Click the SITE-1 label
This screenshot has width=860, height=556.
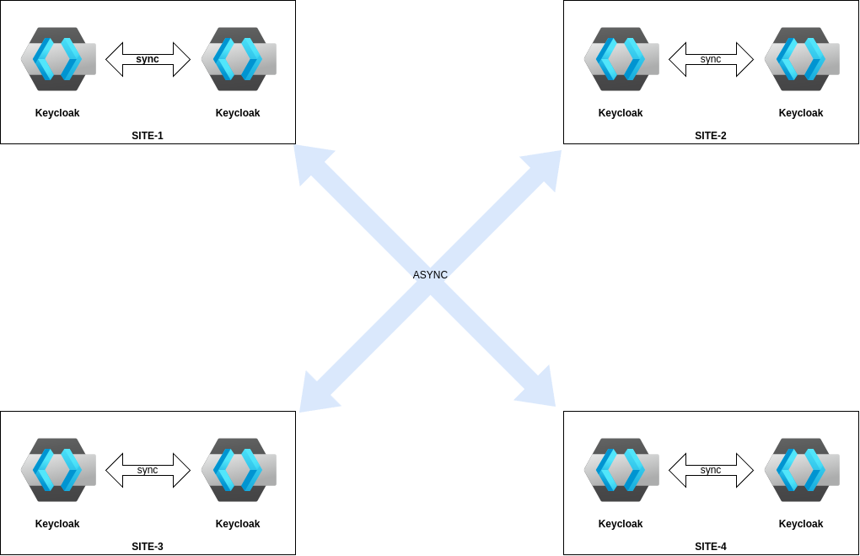pyautogui.click(x=148, y=136)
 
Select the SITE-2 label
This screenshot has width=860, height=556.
pyautogui.click(x=711, y=136)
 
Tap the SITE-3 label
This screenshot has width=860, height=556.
pyautogui.click(x=148, y=547)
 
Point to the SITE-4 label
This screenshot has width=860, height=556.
pyautogui.click(x=711, y=547)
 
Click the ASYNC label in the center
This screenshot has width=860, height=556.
pyautogui.click(x=430, y=275)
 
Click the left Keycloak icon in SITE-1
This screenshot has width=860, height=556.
pyautogui.click(x=57, y=59)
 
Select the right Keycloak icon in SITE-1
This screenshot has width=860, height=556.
pyautogui.click(x=238, y=59)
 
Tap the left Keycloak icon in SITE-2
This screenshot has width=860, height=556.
pyautogui.click(x=621, y=59)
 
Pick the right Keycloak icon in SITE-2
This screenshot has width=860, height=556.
pyautogui.click(x=801, y=59)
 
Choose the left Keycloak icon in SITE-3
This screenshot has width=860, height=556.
pyautogui.click(x=57, y=470)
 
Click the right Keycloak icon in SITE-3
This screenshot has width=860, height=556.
pyautogui.click(x=238, y=470)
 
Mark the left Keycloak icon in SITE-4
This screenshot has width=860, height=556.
pyautogui.click(x=621, y=470)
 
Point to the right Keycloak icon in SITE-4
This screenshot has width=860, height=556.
pyautogui.click(x=801, y=470)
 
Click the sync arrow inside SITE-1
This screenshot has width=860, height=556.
pyautogui.click(x=148, y=60)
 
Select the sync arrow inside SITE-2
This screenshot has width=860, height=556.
pyautogui.click(x=711, y=60)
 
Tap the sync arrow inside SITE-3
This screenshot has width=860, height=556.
pyautogui.click(x=148, y=471)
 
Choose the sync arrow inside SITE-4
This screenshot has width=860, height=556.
pyautogui.click(x=711, y=471)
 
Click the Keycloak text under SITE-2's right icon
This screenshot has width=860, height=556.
pyautogui.click(x=801, y=113)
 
